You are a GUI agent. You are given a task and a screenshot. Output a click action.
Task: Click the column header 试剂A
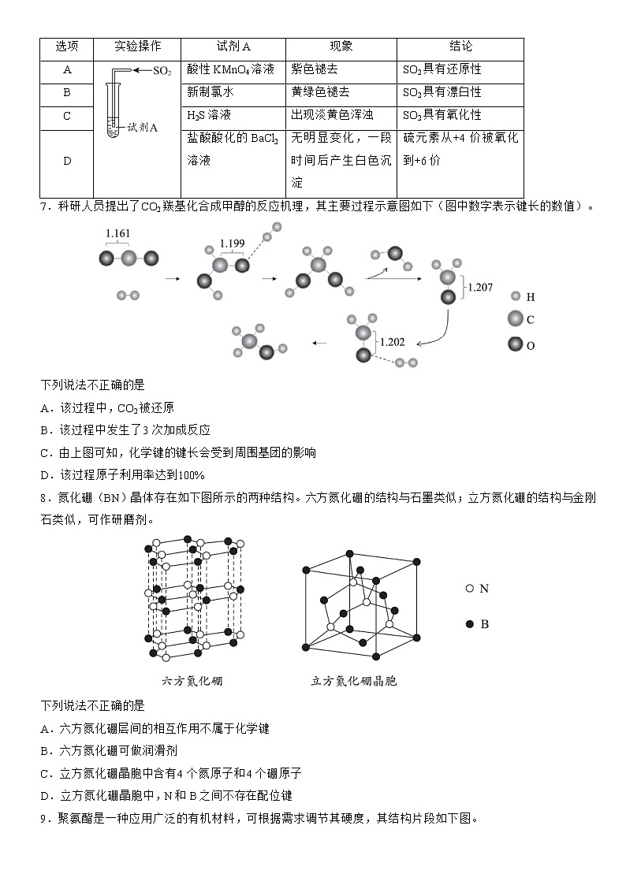tap(233, 47)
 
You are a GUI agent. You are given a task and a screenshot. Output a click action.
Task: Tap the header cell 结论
tap(460, 47)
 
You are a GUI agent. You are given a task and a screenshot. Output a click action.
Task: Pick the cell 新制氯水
tap(211, 92)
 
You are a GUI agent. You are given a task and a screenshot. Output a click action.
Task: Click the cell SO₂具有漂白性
tap(442, 92)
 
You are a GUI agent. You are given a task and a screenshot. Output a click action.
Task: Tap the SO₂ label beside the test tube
tap(162, 71)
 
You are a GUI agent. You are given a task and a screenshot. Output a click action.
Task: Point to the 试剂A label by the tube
tap(143, 125)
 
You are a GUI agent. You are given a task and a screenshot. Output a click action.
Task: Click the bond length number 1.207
tap(480, 288)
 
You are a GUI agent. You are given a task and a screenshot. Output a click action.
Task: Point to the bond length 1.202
tap(392, 342)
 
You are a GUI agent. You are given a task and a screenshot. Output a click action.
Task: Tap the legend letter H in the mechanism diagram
tap(531, 298)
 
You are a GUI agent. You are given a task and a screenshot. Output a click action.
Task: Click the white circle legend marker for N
tap(470, 588)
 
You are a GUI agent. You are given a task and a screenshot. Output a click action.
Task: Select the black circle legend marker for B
tap(470, 624)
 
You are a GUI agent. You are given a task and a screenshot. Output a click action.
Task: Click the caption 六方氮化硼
tap(192, 681)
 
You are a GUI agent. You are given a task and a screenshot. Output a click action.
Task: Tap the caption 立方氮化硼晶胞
tap(354, 681)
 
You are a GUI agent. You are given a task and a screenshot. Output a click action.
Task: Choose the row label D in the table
tap(67, 162)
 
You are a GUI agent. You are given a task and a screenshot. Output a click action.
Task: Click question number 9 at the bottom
tap(44, 818)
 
